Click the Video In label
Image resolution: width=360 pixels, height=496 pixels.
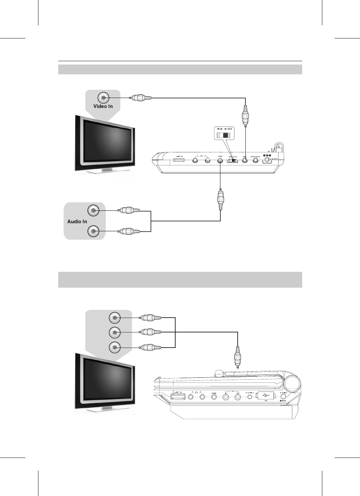(x=103, y=106)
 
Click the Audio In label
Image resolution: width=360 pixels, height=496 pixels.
(x=77, y=221)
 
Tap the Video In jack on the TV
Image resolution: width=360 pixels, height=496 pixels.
(x=103, y=98)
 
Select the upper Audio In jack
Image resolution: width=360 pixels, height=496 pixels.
(x=93, y=211)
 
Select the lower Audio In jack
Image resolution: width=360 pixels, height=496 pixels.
(x=93, y=231)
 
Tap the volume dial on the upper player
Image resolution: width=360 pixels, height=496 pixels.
(x=179, y=161)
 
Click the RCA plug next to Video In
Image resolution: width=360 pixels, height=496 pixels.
(x=140, y=98)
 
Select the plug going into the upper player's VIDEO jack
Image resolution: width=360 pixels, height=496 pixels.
(x=245, y=115)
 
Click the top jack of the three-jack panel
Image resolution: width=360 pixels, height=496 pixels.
(x=114, y=318)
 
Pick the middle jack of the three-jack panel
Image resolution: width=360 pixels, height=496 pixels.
(x=114, y=332)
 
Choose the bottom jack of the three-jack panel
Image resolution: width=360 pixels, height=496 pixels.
(x=114, y=347)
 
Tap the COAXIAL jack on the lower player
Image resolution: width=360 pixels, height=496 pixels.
(x=214, y=397)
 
